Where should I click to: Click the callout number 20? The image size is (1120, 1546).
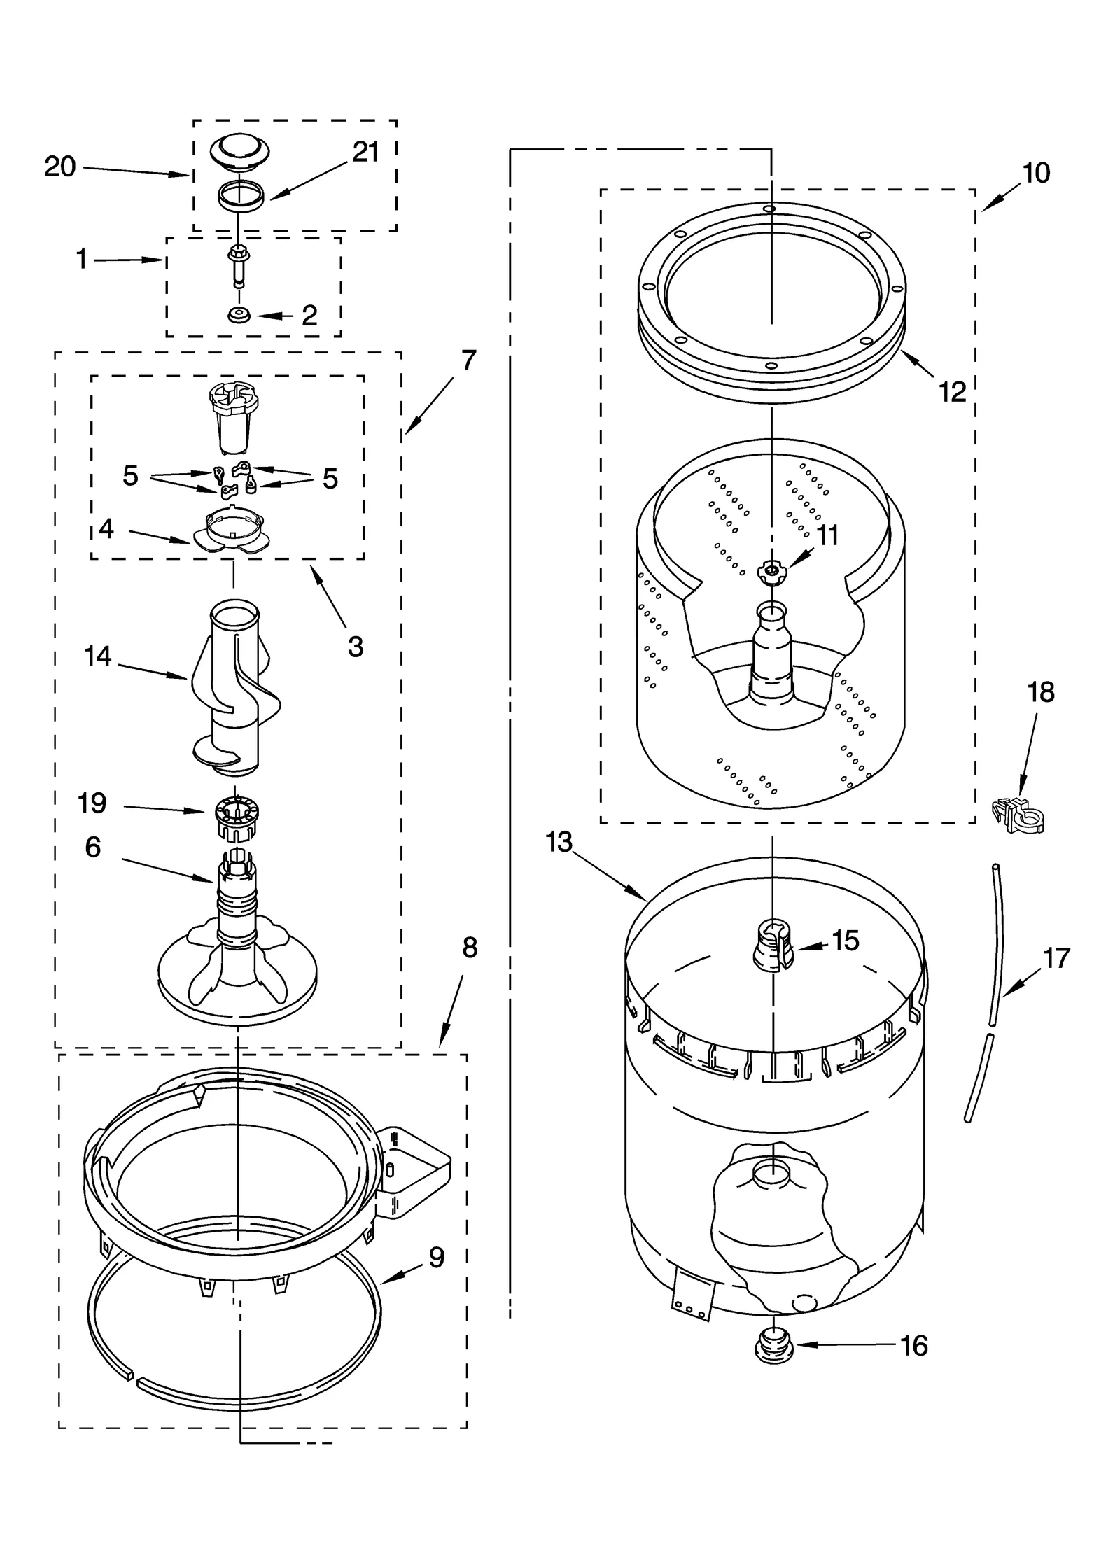coord(59,167)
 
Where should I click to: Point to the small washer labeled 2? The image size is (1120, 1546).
coord(239,316)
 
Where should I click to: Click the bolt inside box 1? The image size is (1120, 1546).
coord(239,267)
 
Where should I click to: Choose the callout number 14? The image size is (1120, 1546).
coord(97,656)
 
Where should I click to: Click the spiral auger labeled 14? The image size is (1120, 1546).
coord(234,689)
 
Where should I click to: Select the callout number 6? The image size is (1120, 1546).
coord(93,847)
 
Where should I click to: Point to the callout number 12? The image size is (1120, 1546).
coord(952,392)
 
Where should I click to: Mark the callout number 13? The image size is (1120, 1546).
coord(559,842)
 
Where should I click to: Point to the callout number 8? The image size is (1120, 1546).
coord(470,948)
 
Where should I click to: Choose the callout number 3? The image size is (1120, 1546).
coord(355,647)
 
